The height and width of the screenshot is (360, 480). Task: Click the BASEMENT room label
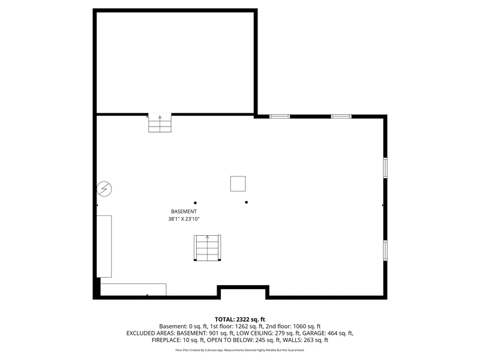click(x=184, y=211)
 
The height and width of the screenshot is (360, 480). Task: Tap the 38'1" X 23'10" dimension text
click(x=184, y=219)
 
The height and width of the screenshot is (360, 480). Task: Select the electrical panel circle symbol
click(x=104, y=189)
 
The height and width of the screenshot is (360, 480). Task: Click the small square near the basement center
click(x=238, y=184)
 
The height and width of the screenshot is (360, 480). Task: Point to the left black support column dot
click(x=196, y=203)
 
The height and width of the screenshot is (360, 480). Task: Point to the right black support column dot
click(x=247, y=202)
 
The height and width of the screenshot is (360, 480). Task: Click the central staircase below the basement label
click(x=207, y=248)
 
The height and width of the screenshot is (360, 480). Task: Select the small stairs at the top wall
click(x=160, y=123)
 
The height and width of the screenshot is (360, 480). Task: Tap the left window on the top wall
click(x=280, y=116)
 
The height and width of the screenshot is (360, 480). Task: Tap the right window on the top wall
click(x=341, y=116)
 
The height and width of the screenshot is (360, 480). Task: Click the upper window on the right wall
click(x=385, y=168)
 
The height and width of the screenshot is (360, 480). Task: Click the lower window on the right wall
click(x=385, y=250)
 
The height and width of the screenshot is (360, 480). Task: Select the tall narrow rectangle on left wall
click(x=104, y=247)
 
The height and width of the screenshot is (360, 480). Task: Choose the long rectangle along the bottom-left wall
click(x=133, y=290)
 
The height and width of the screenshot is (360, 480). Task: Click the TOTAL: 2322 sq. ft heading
click(x=239, y=320)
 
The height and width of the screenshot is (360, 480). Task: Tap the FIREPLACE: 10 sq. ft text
click(x=178, y=340)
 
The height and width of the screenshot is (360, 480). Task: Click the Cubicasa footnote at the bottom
click(x=239, y=350)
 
